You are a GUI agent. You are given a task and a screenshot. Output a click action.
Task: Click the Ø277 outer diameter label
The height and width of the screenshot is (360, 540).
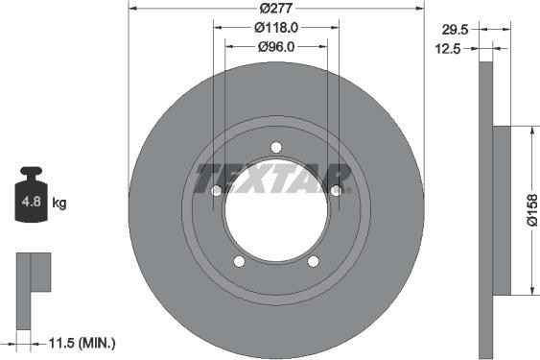point(275,9)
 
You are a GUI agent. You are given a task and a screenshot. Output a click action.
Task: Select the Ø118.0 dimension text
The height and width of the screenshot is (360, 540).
point(276,28)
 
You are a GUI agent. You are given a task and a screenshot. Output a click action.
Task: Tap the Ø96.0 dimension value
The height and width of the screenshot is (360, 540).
point(276,45)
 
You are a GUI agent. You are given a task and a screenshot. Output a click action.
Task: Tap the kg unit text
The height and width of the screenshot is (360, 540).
point(59,204)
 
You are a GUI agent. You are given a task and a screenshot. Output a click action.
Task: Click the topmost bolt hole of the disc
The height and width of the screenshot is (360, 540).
point(276,147)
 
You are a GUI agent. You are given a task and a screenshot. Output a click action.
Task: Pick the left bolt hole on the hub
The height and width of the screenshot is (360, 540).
point(217,190)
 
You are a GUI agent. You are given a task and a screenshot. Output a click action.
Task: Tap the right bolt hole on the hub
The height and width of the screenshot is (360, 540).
point(336,190)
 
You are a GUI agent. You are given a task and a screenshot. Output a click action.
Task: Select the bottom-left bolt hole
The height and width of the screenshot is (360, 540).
point(240,261)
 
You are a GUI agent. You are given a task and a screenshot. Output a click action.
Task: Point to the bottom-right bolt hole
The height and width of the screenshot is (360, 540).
point(313,261)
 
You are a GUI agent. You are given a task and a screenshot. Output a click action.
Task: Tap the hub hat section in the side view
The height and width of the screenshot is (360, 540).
point(501,209)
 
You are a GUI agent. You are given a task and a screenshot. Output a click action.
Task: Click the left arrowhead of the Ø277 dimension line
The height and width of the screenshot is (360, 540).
point(132,9)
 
